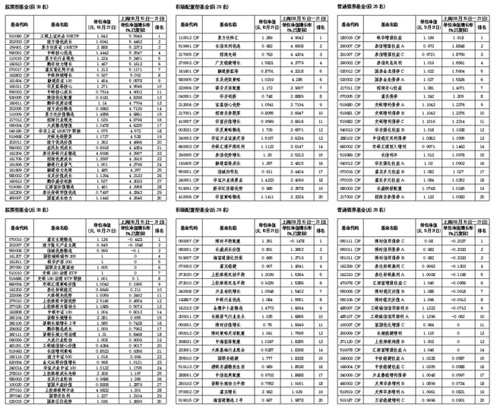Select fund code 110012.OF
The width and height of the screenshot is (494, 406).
point(188,36)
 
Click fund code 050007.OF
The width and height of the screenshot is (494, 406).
point(188,239)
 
